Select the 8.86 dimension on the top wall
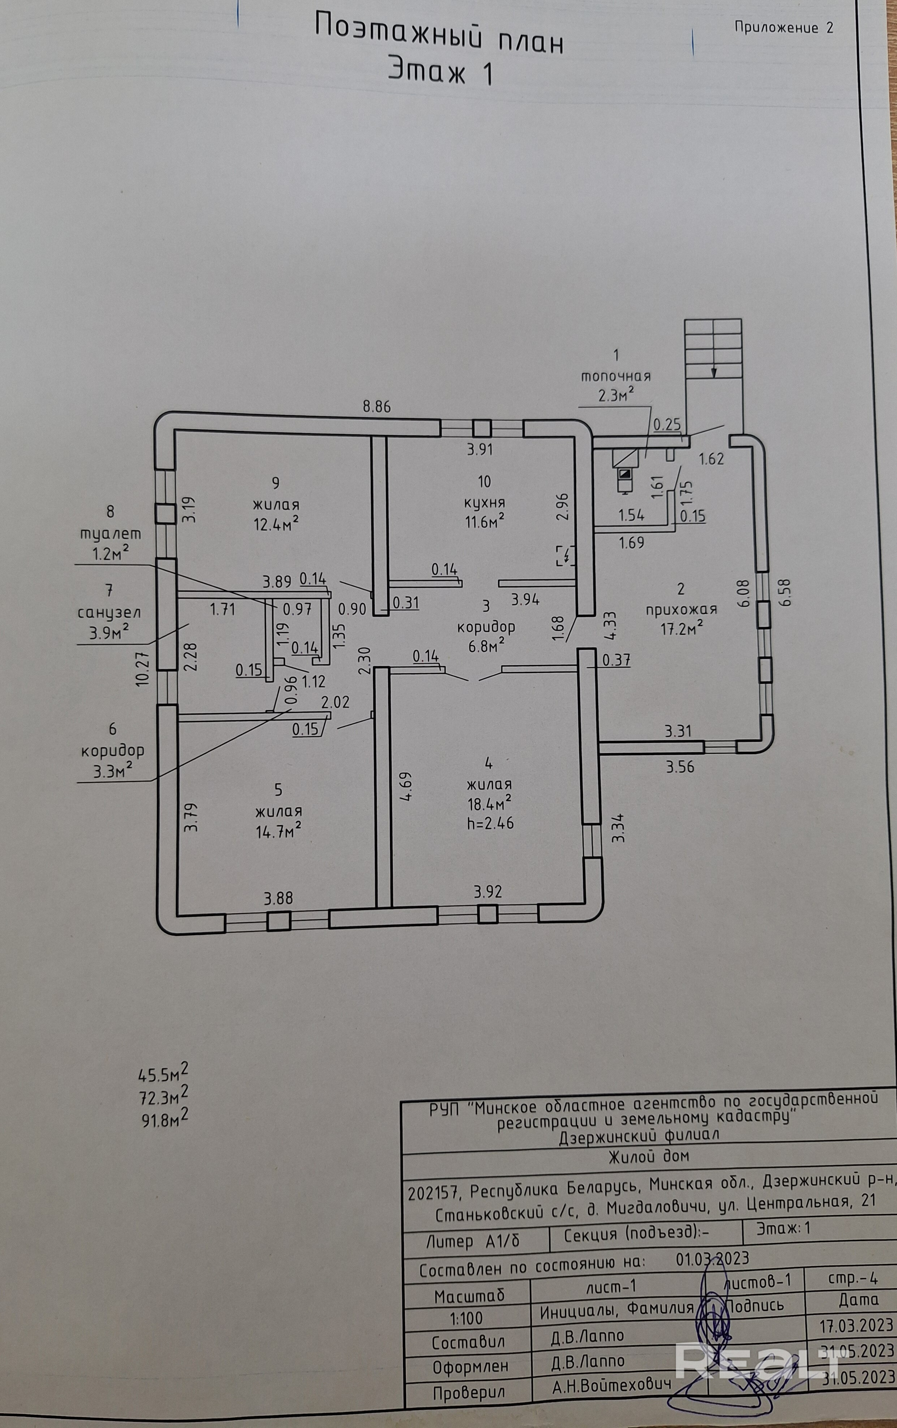click(x=377, y=407)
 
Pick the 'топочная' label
click(x=615, y=376)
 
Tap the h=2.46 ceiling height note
click(x=490, y=823)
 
